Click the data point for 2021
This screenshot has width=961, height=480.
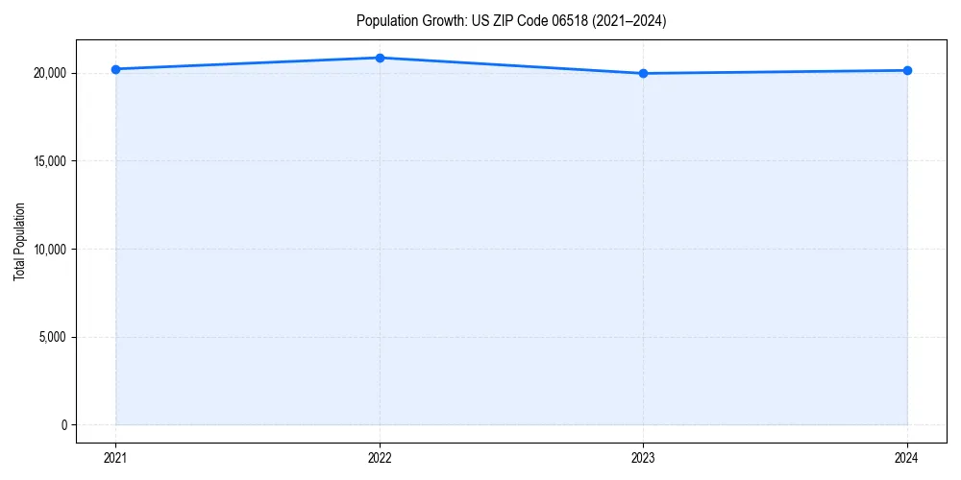115,69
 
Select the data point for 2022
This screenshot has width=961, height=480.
380,58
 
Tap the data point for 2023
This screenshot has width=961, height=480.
643,73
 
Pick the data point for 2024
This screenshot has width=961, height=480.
907,70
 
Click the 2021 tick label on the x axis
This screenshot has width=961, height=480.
115,457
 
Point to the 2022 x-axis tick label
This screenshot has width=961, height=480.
380,457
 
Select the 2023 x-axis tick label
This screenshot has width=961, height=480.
643,457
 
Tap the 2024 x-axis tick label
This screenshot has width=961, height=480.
907,457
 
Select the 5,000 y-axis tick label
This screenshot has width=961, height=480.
51,337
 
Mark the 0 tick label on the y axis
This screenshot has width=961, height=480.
62,425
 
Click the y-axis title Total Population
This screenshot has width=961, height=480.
19,241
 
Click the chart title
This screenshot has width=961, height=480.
510,21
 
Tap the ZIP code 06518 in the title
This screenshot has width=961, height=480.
574,21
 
